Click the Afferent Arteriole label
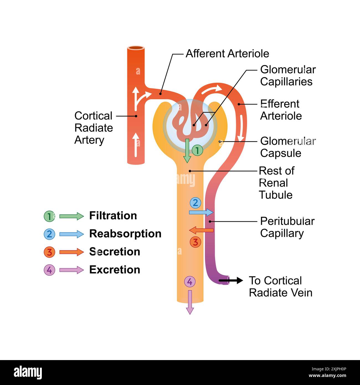pos(227,53)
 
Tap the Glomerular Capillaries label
pos(287,76)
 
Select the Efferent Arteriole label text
pos(281,110)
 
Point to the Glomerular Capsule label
pos(287,147)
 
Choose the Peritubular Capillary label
pos(287,227)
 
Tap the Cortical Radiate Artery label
pos(94,128)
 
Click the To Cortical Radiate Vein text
pos(280,286)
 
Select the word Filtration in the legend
pos(113,215)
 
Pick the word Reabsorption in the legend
pos(125,233)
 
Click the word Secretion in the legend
pos(114,251)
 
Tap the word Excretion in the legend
pos(114,269)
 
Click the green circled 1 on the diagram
pos(197,150)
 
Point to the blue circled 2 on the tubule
pos(195,203)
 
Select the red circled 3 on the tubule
pos(195,242)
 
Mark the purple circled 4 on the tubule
pos(190,282)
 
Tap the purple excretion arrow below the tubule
pos(190,302)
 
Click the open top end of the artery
pos(136,48)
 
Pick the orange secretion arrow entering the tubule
pos(201,230)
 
